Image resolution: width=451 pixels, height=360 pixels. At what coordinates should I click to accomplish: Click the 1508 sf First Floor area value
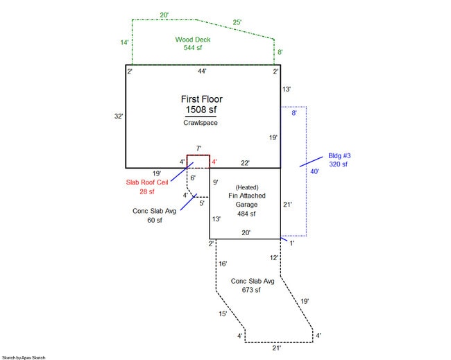click(x=201, y=110)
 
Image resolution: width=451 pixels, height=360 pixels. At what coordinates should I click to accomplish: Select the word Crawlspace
click(x=201, y=123)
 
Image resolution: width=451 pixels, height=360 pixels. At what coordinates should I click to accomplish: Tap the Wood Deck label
click(x=193, y=40)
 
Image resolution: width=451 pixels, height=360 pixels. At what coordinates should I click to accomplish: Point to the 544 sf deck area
click(x=193, y=48)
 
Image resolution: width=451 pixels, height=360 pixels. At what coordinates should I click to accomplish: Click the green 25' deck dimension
click(x=237, y=22)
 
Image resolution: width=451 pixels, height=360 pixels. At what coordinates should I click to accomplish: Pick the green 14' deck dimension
click(x=124, y=42)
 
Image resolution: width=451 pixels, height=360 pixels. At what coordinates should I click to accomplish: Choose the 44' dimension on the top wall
click(x=202, y=71)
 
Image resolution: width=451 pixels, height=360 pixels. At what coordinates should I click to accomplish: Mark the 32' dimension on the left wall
click(x=119, y=116)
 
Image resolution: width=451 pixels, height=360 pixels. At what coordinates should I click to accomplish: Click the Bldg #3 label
click(x=339, y=156)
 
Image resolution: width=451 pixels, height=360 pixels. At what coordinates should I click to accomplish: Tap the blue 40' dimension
click(x=315, y=171)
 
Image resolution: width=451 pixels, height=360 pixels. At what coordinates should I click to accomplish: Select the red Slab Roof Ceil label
click(x=147, y=182)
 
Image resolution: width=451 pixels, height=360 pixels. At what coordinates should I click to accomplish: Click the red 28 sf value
click(x=147, y=191)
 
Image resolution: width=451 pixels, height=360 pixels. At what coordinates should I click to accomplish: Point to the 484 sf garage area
click(x=246, y=214)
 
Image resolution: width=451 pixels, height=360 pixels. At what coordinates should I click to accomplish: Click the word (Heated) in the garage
click(x=247, y=187)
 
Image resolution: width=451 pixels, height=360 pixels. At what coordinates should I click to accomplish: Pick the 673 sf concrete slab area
click(x=251, y=290)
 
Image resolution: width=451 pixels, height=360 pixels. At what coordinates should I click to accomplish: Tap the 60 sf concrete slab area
click(x=155, y=221)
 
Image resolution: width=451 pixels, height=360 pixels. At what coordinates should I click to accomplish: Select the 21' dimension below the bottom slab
click(x=277, y=348)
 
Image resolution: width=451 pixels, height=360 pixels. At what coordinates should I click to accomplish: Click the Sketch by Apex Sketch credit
click(x=24, y=358)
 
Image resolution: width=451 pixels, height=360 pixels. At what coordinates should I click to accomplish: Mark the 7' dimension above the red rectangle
click(x=198, y=148)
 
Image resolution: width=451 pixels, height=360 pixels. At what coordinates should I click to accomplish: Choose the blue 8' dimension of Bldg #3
click(x=294, y=113)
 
